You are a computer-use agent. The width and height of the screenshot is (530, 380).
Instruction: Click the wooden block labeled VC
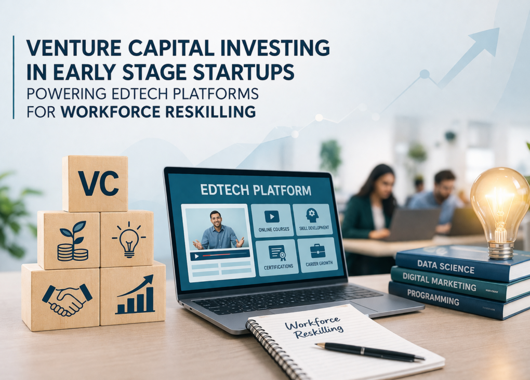(x=95, y=184)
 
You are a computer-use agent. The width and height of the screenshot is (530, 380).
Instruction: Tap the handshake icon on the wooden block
(x=67, y=299)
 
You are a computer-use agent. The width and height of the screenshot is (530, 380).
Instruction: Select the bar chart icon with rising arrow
(x=135, y=295)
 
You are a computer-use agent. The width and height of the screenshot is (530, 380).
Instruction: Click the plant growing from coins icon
(x=73, y=241)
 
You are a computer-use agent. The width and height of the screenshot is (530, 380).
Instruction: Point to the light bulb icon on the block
(x=129, y=239)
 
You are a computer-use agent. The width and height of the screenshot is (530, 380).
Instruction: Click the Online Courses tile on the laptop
(x=274, y=220)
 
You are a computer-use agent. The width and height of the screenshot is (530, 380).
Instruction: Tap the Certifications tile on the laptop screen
(x=278, y=257)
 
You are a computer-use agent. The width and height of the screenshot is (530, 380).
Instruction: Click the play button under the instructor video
(x=196, y=257)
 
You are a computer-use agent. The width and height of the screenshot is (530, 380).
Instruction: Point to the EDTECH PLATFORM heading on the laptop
(x=256, y=190)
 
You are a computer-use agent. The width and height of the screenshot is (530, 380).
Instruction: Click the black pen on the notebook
(x=369, y=351)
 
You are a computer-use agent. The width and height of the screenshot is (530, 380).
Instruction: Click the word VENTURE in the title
(x=73, y=48)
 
